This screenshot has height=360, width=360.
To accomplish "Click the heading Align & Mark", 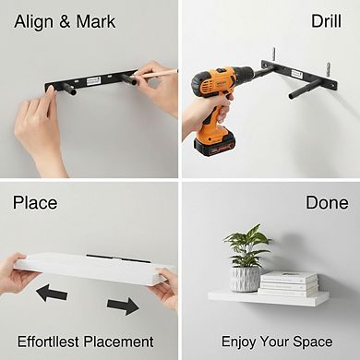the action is [65, 22].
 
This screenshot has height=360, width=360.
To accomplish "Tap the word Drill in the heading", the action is [326, 21].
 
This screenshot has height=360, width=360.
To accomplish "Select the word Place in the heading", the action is [35, 203].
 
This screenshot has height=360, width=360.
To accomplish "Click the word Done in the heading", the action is [327, 202].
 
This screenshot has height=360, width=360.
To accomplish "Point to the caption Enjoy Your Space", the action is [277, 342].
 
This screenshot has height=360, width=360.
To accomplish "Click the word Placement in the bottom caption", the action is [119, 342].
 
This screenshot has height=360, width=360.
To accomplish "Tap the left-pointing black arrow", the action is [52, 293].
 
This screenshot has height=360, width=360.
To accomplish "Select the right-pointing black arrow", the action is [123, 306].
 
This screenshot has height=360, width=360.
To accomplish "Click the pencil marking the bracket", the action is [153, 74].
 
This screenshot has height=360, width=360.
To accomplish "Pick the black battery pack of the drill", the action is [214, 145].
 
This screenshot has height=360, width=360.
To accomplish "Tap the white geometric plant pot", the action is [246, 279].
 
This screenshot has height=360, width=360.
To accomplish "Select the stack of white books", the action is [288, 283].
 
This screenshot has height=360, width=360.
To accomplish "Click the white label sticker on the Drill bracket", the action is [296, 74].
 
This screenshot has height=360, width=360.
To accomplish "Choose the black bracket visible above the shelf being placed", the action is [118, 258].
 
